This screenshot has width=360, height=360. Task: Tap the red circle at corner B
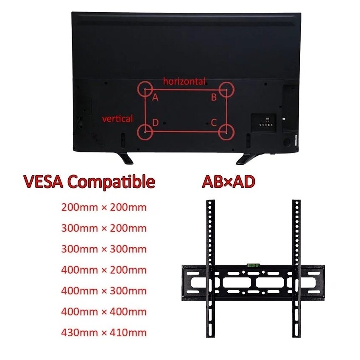point(226,90)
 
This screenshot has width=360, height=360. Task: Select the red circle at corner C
point(226,131)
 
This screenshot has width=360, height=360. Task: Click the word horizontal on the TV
point(184,81)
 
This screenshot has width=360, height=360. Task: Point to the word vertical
point(117,119)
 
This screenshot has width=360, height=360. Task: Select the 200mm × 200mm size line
point(104,208)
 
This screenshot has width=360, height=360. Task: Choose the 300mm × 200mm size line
point(104,228)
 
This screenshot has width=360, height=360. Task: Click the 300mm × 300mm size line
point(104,249)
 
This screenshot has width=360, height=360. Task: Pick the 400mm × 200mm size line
point(104,270)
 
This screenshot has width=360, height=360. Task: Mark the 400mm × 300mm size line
point(104,291)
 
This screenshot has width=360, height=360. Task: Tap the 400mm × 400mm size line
point(104,311)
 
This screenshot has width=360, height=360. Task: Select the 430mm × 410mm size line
point(104,332)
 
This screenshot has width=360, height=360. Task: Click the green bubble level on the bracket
point(253,266)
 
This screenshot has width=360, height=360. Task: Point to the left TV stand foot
point(126,158)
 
